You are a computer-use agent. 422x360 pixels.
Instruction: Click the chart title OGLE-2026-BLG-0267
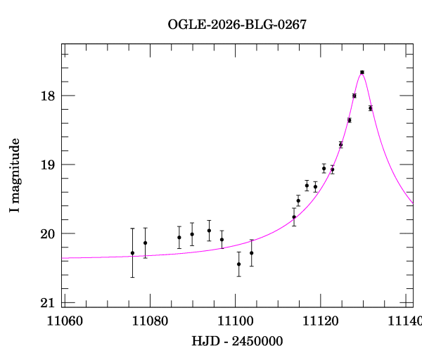point(237,25)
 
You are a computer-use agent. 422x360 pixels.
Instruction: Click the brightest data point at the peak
point(362,72)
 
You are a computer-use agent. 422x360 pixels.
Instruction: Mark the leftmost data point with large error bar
point(132,253)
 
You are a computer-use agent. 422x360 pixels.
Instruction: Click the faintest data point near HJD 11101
point(239,264)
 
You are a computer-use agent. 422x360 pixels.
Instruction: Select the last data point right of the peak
point(370,108)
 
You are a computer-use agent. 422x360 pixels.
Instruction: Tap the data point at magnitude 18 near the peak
point(354,96)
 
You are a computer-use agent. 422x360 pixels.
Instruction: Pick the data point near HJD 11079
point(145,243)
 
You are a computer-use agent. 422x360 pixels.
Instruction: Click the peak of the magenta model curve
point(362,72)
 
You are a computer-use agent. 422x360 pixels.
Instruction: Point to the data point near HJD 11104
point(252,252)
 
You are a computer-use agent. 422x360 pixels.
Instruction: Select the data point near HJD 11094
point(209,231)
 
